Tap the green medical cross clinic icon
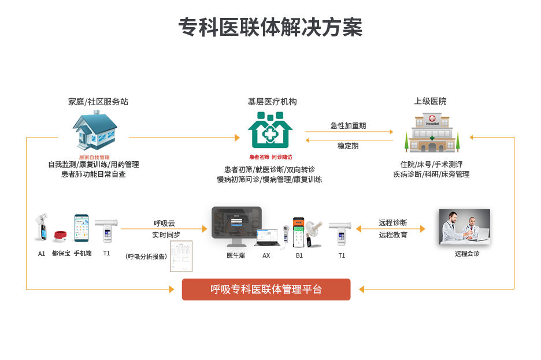pyautogui.click(x=270, y=130)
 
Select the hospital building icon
pyautogui.click(x=432, y=132)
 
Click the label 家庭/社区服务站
pyautogui.click(x=98, y=102)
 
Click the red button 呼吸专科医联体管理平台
pyautogui.click(x=266, y=290)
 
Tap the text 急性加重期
pyautogui.click(x=348, y=125)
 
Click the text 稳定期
pyautogui.click(x=348, y=146)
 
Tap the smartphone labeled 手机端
pyautogui.click(x=81, y=229)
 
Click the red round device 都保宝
pyautogui.click(x=61, y=236)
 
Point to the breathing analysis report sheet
pyautogui.click(x=181, y=256)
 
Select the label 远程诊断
pyautogui.click(x=393, y=222)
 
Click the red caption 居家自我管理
pyautogui.click(x=94, y=157)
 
